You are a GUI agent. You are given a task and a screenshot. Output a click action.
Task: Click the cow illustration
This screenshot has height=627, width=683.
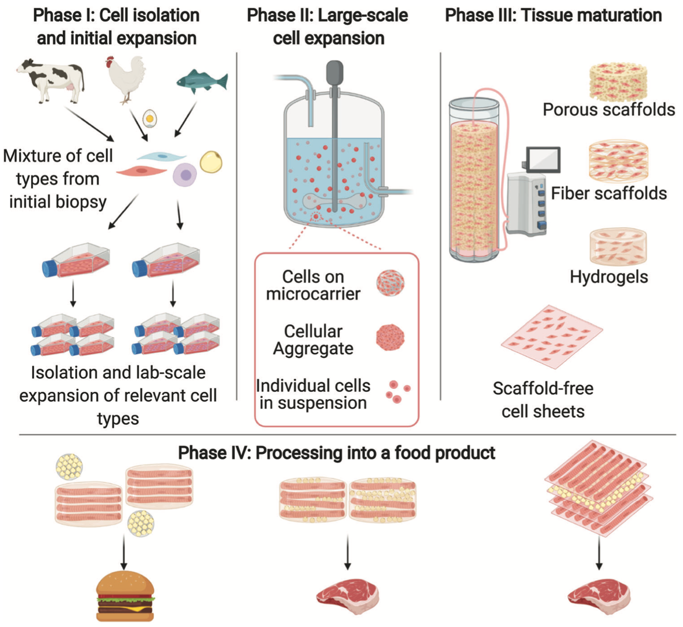pos(50,81)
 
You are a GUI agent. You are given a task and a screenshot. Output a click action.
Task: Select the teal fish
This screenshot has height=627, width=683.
pos(202,82)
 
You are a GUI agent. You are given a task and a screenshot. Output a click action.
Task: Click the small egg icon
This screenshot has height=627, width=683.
pos(150,118)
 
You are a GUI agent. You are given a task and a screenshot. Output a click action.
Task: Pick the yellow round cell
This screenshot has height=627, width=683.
pos(211,162)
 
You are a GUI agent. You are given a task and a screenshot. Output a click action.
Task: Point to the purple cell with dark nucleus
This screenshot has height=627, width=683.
pos(185,175)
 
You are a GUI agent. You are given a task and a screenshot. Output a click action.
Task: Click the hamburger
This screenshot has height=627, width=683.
pos(125,595)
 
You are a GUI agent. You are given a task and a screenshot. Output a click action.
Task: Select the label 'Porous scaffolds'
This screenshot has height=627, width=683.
pos(609,110)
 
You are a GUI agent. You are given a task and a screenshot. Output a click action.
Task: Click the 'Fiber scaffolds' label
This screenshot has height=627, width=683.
pos(609,193)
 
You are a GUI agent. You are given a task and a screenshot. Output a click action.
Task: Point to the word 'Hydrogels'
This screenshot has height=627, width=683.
pos(609,277)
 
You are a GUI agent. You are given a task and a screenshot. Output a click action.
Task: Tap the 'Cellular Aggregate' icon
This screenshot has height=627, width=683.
pos(390,337)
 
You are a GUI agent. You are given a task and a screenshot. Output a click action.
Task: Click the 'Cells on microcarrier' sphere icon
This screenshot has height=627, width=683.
pos(390,283)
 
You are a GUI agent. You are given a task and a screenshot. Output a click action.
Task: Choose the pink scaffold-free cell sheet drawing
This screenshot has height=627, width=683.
pos(552,337)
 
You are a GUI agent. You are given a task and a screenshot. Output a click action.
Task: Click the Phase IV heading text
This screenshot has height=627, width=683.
pos(336,453)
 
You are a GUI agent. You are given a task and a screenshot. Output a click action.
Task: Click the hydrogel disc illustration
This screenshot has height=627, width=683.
pos(618,247)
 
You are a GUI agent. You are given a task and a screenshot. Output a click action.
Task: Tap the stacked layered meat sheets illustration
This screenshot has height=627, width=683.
pos(598,489)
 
